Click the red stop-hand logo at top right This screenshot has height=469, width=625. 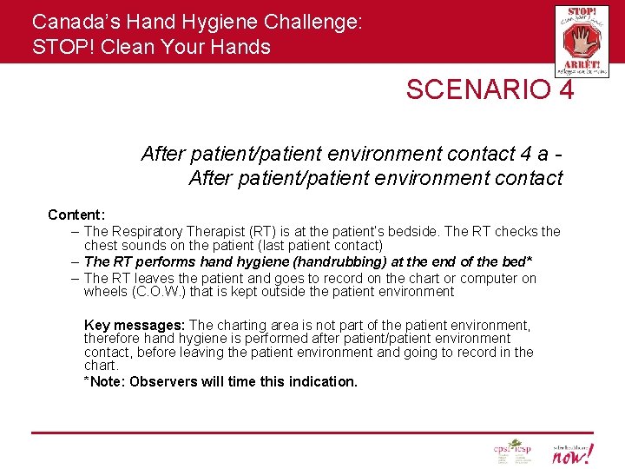click(x=581, y=41)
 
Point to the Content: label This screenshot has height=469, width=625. click(x=76, y=215)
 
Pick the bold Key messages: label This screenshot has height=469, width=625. click(x=134, y=326)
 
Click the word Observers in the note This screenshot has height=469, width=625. click(x=161, y=381)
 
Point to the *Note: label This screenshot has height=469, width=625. click(x=105, y=381)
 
